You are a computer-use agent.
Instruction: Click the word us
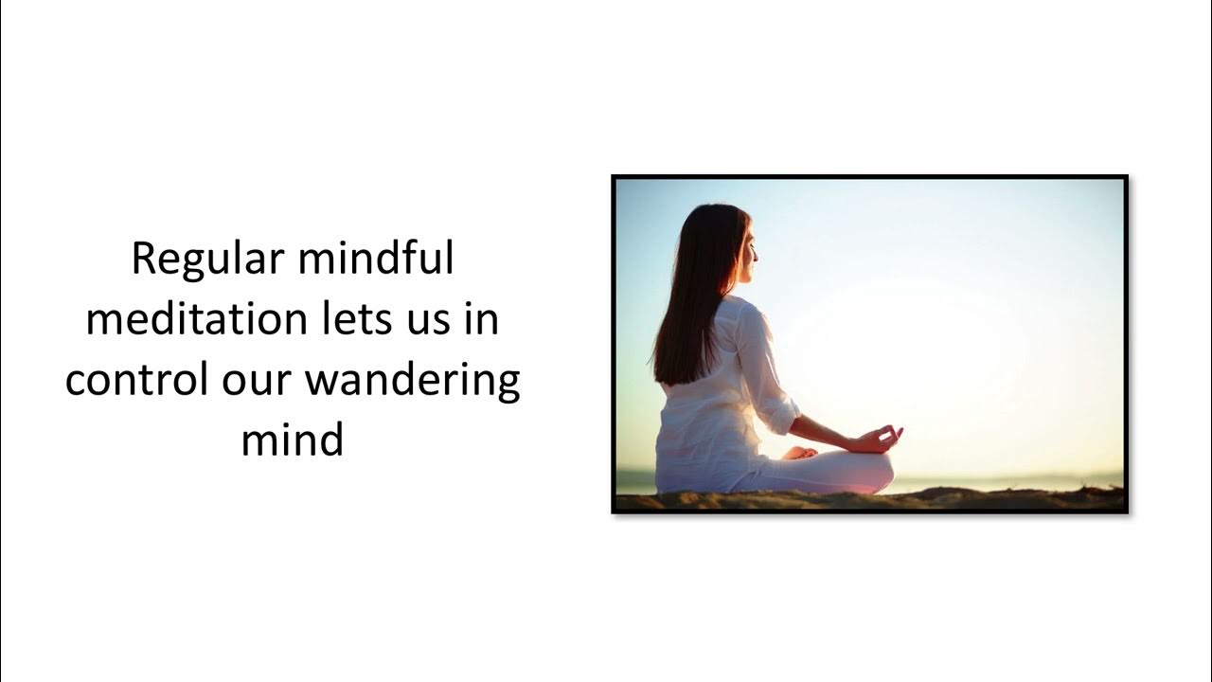[x=433, y=321]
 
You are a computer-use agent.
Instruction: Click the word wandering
[x=413, y=382]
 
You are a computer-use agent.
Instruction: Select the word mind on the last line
[x=292, y=440]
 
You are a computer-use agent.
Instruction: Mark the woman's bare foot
[x=800, y=453]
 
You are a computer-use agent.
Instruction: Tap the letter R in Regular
[x=142, y=260]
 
